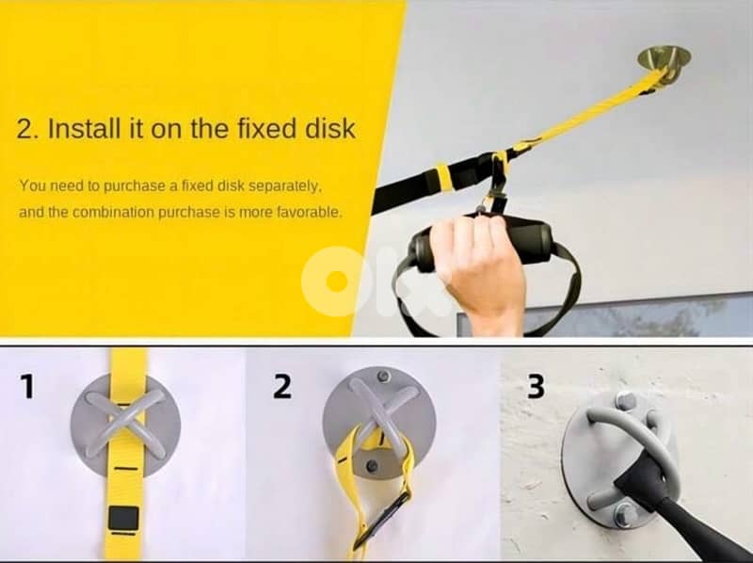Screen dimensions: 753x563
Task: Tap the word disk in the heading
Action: click(330, 128)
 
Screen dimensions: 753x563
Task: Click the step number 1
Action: click(27, 386)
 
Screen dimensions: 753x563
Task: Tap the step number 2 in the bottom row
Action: click(281, 386)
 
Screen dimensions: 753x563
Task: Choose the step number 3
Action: click(536, 386)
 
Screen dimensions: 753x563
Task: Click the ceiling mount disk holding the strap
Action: click(664, 60)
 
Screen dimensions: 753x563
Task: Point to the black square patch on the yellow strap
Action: click(123, 518)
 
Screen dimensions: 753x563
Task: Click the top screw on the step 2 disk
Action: click(383, 377)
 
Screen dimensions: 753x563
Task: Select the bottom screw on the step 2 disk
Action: click(372, 465)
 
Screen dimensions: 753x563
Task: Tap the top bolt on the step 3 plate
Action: click(625, 401)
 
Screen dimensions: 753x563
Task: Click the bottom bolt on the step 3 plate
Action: click(625, 514)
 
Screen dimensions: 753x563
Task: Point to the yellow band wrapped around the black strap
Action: click(442, 177)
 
